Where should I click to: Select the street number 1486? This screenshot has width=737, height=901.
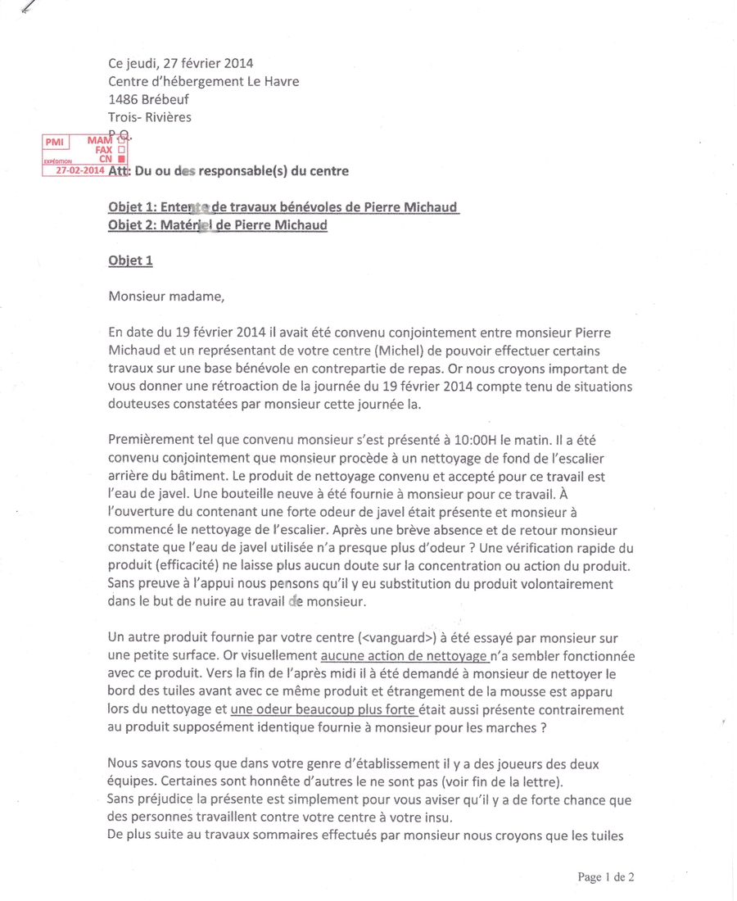point(128,98)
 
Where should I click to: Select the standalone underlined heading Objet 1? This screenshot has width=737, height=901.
point(130,260)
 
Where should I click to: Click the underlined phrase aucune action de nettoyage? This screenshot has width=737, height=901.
point(404,655)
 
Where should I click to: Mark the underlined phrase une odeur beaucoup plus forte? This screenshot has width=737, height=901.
point(324,709)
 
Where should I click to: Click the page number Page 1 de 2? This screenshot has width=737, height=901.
point(606,876)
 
